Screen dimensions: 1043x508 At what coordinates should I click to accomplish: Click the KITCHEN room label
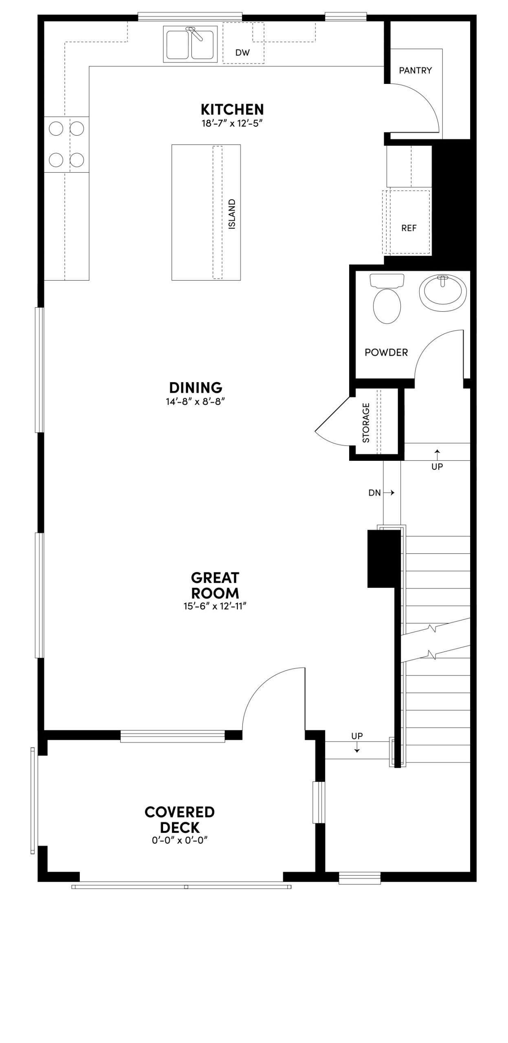point(232,110)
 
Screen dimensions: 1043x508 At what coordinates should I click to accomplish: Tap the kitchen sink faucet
point(196,33)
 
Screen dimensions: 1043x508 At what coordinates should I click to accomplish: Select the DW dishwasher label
point(242,53)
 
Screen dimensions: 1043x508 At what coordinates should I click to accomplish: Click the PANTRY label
point(415,70)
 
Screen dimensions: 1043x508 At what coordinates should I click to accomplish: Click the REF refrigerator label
point(409,228)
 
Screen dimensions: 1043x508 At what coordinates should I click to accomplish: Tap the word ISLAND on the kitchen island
point(232,214)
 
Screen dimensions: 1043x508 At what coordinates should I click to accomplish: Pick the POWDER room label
point(386,352)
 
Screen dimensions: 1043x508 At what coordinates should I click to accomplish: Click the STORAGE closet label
point(366,423)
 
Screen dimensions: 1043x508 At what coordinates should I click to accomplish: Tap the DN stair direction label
point(375,493)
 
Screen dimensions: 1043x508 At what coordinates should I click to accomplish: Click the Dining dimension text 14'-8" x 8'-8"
point(195,402)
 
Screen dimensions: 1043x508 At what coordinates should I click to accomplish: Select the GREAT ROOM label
point(215,585)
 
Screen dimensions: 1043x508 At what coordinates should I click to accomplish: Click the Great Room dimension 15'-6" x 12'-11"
point(215,607)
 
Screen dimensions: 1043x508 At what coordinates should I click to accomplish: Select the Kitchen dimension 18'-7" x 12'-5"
point(232,123)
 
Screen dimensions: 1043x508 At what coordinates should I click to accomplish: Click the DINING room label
point(196,387)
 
